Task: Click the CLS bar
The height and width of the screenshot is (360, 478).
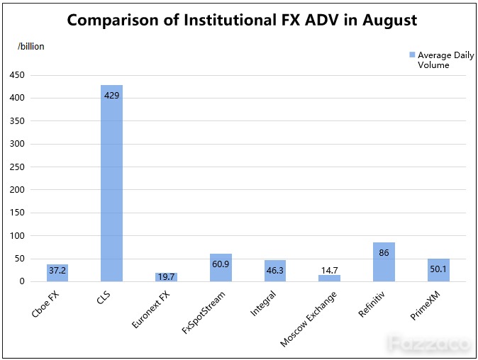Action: [x=111, y=183]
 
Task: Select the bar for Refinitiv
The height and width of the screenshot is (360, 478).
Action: [x=384, y=262]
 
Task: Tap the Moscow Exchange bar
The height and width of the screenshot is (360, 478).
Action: [x=329, y=278]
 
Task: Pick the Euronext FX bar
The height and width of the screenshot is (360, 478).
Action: [x=166, y=277]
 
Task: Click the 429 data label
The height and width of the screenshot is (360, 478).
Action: [x=111, y=96]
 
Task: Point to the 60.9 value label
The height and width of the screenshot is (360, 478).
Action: [x=221, y=264]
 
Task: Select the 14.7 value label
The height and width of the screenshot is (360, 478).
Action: [x=330, y=270]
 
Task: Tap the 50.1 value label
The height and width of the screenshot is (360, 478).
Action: [x=438, y=269]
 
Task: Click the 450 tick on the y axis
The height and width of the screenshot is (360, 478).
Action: [x=17, y=75]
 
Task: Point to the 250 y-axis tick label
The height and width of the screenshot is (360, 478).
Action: [x=17, y=167]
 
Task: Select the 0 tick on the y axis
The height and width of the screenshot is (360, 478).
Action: [x=22, y=281]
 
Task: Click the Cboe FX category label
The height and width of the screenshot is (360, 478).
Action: [x=45, y=304]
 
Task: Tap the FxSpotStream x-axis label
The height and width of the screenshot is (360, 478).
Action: [x=204, y=313]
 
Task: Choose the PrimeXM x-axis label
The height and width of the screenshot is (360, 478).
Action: [x=426, y=305]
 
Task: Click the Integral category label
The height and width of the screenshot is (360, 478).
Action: [x=263, y=303]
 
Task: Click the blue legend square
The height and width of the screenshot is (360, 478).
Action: [x=412, y=55]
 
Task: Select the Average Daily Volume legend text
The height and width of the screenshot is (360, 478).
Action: [x=446, y=60]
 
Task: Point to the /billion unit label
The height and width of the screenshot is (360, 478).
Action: [x=30, y=46]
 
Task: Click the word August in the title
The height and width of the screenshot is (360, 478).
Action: [x=389, y=21]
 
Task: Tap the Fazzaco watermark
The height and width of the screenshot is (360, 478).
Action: [x=429, y=344]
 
